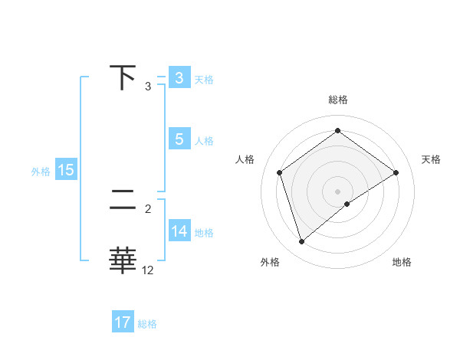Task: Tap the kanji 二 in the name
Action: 123,201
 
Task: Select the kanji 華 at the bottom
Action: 123,261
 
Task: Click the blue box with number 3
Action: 179,78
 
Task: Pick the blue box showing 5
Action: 179,139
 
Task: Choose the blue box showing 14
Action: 179,231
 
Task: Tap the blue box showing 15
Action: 66,170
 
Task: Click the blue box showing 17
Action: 123,322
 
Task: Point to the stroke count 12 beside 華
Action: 148,270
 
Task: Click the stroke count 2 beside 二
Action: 148,208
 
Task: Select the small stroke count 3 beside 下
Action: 148,86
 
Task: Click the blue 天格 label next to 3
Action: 204,79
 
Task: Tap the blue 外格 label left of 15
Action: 41,172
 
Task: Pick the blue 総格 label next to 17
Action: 147,324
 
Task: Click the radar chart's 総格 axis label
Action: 337,100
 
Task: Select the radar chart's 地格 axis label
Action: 402,263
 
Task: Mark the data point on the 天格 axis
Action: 396,172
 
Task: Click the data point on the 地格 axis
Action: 347,204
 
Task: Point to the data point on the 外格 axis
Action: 301,242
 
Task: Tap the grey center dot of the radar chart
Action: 337,191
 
